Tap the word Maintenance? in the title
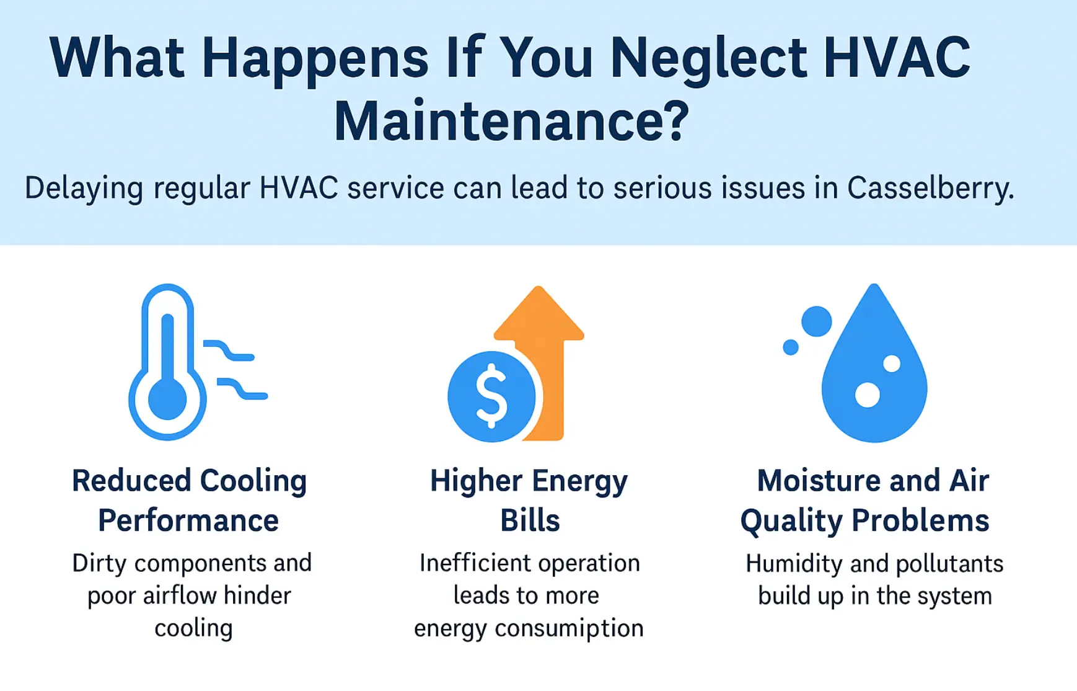(511, 121)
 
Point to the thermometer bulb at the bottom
(167, 398)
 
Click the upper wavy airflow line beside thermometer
(229, 350)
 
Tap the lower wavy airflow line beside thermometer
(242, 388)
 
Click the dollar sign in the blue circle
(491, 396)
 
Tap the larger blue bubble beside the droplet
(816, 321)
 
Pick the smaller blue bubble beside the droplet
(791, 347)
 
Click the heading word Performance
(188, 520)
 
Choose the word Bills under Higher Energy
(530, 520)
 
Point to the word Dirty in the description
(99, 563)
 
